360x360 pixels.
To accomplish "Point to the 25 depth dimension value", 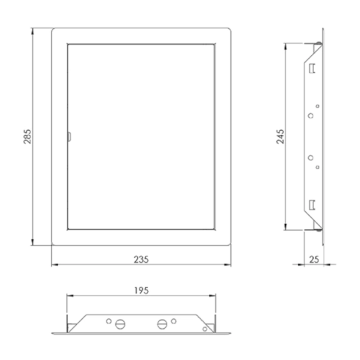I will point(315,259).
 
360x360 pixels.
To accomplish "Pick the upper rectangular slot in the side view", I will point(312,69).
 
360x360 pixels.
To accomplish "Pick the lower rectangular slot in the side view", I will point(312,205).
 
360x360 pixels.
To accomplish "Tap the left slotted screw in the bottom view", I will point(121,324).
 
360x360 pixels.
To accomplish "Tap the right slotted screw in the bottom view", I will point(162,324).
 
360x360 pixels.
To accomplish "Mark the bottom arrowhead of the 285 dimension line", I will point(34,245).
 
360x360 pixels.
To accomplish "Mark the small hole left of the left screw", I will point(109,321).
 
